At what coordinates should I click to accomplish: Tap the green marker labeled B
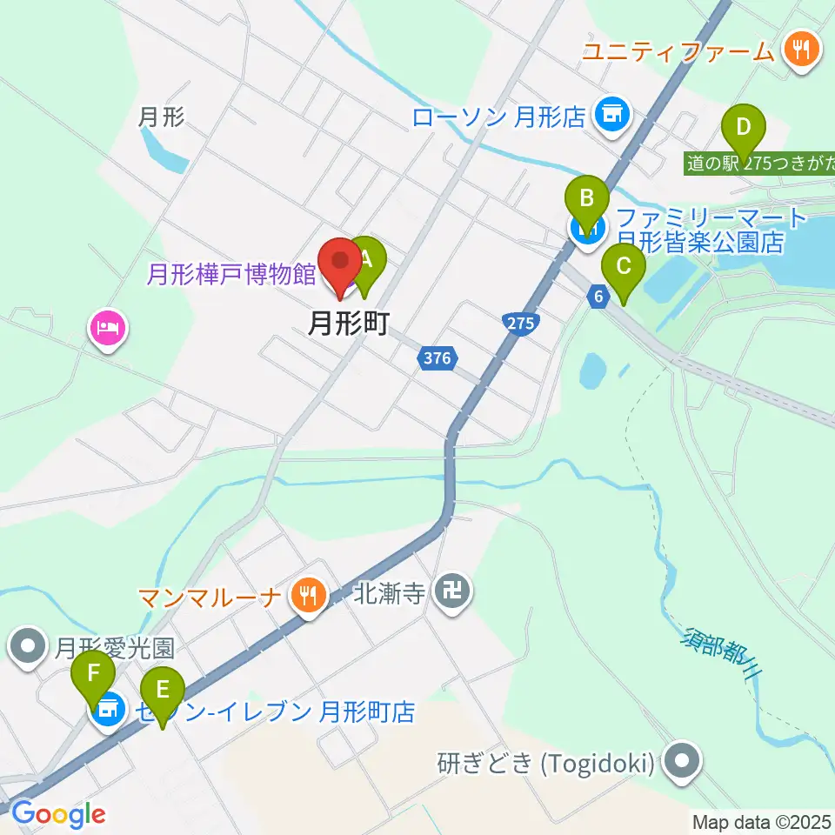587,203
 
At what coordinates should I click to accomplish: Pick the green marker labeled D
743,128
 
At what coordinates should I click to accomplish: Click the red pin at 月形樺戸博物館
340,262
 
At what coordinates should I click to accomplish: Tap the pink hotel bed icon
108,329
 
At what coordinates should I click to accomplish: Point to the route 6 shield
598,297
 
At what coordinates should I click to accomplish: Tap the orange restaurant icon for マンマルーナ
308,596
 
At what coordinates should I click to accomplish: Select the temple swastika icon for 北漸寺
452,594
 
